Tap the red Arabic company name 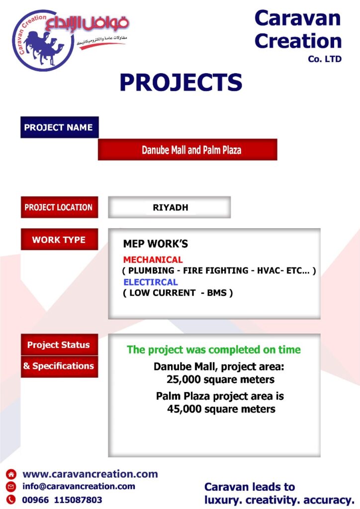click(x=87, y=23)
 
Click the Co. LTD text click(x=325, y=59)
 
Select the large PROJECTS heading click(x=181, y=82)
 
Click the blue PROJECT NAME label click(x=59, y=127)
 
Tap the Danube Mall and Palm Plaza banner click(x=187, y=150)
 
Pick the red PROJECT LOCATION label click(x=59, y=207)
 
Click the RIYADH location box click(x=170, y=207)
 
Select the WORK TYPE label click(x=59, y=239)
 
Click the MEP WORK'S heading click(x=156, y=244)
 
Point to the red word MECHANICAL click(x=153, y=259)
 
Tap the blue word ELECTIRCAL click(x=151, y=282)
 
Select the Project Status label click(x=59, y=345)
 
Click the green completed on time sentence click(x=214, y=349)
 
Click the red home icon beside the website click(x=11, y=474)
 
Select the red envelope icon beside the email click(x=11, y=487)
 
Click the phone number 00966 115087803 click(x=62, y=500)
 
